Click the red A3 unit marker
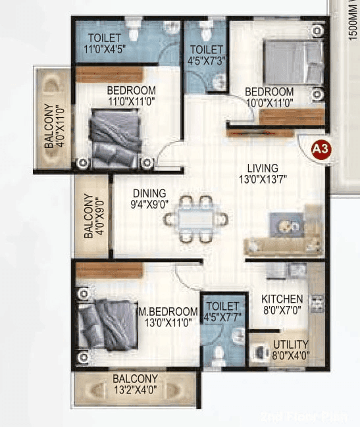(x=320, y=149)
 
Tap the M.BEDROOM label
(x=168, y=311)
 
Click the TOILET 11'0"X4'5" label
(x=105, y=42)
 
